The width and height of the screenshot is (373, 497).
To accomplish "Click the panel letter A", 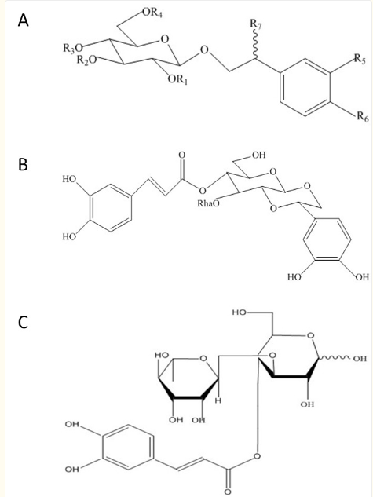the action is click(23, 21).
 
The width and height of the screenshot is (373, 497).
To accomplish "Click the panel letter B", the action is click(23, 165).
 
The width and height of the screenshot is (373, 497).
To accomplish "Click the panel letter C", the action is click(23, 323).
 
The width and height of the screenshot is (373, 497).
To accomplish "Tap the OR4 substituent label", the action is click(152, 13).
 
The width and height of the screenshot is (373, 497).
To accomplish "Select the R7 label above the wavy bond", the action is click(256, 24).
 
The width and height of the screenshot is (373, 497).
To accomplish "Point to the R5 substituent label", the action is click(360, 59).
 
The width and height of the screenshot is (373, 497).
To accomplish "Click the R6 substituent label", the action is click(363, 117).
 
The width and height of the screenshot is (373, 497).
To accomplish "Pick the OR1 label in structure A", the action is click(177, 79).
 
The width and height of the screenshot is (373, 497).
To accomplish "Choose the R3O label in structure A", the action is click(72, 48).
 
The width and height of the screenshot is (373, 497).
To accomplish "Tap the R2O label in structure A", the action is click(86, 60).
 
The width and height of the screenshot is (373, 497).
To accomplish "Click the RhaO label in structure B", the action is click(208, 203).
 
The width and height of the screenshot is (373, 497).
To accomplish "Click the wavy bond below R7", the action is click(255, 45).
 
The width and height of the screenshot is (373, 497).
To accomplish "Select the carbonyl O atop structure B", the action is click(181, 155).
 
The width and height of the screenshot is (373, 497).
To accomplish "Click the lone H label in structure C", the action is click(218, 401).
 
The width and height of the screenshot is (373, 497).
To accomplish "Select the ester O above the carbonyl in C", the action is click(257, 456).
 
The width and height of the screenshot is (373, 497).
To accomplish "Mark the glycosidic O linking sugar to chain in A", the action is click(205, 49).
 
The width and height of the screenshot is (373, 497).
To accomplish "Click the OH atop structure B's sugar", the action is click(258, 155).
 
